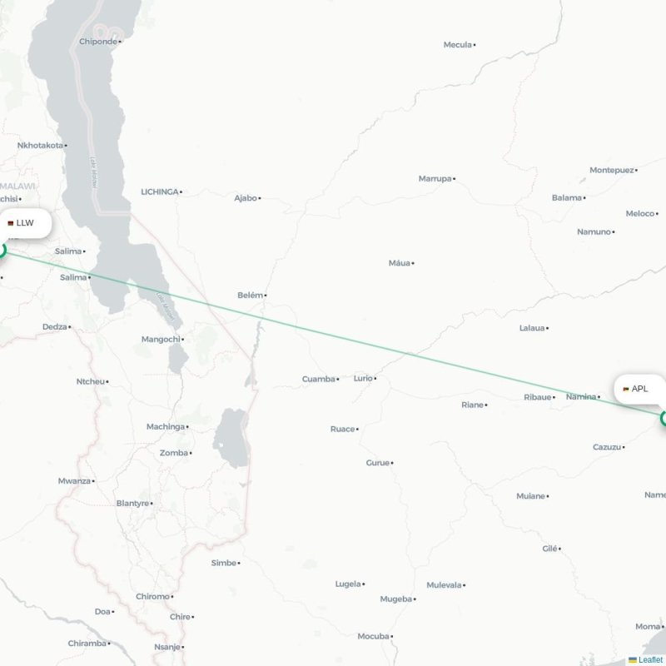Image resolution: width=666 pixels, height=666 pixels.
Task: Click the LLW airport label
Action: [x=25, y=223]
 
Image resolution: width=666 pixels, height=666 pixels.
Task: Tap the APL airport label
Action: [x=639, y=389]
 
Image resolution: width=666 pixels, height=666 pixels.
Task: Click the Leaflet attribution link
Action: [x=650, y=659]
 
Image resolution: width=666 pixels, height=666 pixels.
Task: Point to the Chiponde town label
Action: [x=99, y=41]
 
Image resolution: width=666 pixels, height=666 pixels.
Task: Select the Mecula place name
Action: [x=457, y=44]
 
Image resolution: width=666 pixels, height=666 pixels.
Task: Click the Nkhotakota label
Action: [x=40, y=145]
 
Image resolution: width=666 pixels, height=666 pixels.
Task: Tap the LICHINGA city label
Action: [x=159, y=191]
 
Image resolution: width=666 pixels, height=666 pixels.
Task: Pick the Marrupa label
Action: [x=435, y=178]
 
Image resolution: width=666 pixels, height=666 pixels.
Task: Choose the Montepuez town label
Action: [x=611, y=170]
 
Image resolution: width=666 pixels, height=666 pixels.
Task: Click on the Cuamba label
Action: [x=317, y=379]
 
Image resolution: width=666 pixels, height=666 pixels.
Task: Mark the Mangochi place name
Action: [x=160, y=339]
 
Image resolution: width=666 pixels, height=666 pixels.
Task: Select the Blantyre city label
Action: [x=132, y=503]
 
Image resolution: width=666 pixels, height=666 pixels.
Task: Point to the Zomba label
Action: [x=173, y=453]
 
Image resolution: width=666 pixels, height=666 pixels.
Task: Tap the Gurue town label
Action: [x=377, y=462]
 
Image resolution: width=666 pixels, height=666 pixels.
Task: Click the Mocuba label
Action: [x=373, y=636]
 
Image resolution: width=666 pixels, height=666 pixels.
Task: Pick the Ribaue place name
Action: [x=537, y=397]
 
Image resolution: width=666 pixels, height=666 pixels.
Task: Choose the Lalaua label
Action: [x=531, y=328]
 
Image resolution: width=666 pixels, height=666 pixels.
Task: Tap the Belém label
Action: [x=250, y=295]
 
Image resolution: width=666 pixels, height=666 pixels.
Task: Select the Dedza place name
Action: [x=54, y=326]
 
